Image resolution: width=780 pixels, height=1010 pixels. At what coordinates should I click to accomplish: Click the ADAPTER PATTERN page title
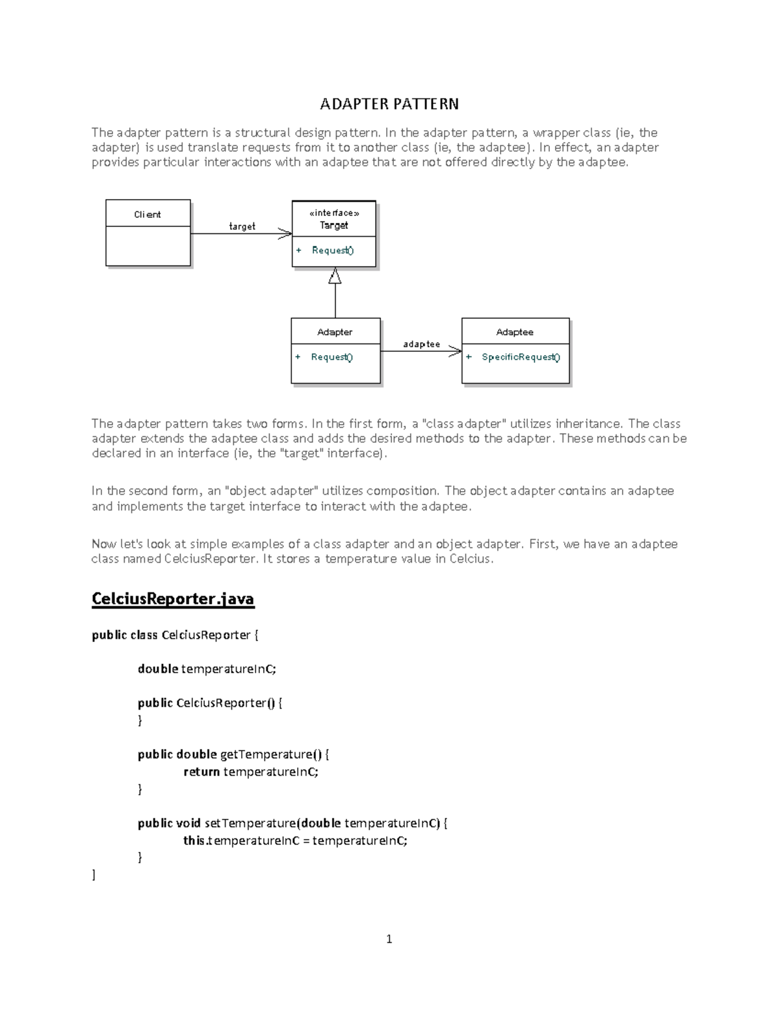(x=389, y=104)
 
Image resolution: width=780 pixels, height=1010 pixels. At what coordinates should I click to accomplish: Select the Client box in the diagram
(x=148, y=215)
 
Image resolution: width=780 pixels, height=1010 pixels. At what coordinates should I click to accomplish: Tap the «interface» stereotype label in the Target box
(x=333, y=213)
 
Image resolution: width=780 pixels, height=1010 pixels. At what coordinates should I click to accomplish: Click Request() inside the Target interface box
(x=332, y=250)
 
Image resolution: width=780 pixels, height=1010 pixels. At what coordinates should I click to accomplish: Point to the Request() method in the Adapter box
(x=331, y=357)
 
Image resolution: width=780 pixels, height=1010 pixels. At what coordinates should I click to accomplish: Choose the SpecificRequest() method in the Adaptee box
(x=520, y=357)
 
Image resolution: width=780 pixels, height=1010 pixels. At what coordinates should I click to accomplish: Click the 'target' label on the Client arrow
(x=242, y=226)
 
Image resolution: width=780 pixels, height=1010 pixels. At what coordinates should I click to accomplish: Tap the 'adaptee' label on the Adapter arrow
(x=421, y=344)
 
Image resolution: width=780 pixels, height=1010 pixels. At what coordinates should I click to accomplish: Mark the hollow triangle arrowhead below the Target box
(x=335, y=276)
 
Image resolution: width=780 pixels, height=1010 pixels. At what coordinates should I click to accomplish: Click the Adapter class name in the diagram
(x=335, y=332)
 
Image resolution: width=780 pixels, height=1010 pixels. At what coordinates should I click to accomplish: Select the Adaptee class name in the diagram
(x=515, y=332)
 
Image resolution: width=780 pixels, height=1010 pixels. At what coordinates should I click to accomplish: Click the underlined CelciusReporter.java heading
(x=173, y=599)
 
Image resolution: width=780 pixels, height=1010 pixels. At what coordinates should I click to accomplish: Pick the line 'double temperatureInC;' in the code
(x=207, y=669)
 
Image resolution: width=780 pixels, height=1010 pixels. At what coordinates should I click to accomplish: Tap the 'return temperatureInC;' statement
(x=251, y=772)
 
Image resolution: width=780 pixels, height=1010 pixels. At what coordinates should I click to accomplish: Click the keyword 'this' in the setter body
(x=194, y=841)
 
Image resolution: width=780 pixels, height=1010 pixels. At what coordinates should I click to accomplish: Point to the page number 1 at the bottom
(x=389, y=938)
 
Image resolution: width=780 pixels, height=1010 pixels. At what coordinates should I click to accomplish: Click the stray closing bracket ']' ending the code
(x=94, y=875)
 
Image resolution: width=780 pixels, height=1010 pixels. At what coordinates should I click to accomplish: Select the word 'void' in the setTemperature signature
(x=188, y=823)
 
